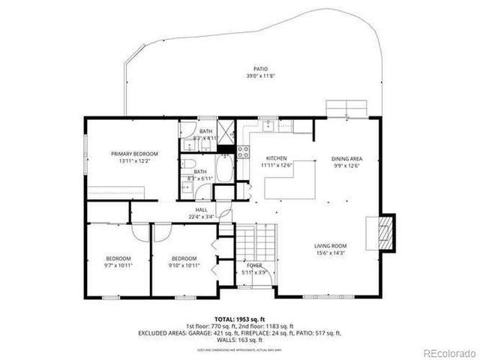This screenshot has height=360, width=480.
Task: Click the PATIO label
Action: [260, 69]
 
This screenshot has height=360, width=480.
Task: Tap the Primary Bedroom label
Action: [135, 154]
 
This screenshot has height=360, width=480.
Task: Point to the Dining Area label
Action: [347, 158]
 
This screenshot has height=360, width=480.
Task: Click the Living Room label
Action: [330, 246]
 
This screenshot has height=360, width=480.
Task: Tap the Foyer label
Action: [254, 265]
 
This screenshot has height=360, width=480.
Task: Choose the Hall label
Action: [202, 210]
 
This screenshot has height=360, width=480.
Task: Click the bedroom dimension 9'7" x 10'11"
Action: [118, 265]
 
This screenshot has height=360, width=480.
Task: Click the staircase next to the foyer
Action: [254, 241]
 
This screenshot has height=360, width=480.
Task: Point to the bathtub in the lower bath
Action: [224, 169]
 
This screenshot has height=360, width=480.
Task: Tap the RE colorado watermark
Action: [448, 352]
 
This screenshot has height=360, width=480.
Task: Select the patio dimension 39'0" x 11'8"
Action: [260, 76]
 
